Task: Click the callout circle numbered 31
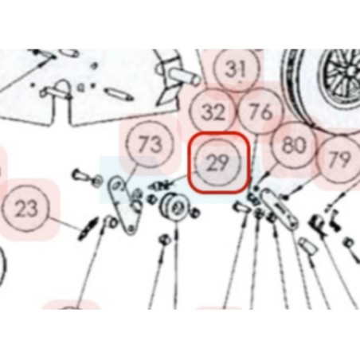237,68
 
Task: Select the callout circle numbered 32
213,112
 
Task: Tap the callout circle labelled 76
260,112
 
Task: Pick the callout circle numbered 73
151,144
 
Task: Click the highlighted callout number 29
218,162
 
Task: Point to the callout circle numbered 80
295,145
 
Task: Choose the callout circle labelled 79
339,159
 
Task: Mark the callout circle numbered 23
25,209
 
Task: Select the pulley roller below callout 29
173,208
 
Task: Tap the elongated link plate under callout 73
126,204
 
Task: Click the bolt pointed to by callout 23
87,229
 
